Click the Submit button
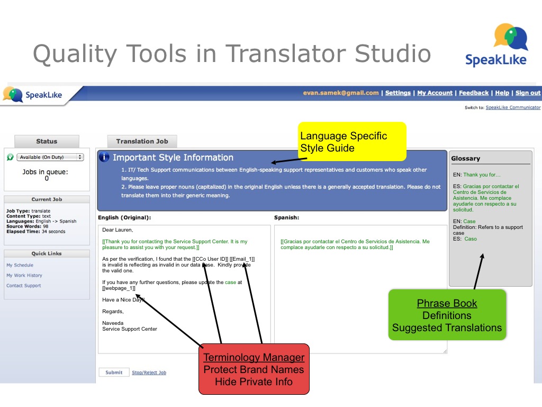click(114, 373)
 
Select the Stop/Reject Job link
click(149, 373)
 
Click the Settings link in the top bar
click(398, 93)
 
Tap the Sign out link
click(528, 93)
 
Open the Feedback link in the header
click(474, 93)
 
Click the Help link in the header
click(502, 93)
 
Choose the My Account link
click(435, 93)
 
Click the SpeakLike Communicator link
click(513, 108)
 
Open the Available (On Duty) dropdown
click(50, 157)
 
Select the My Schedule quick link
click(20, 265)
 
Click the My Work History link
click(24, 276)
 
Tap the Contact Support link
click(23, 286)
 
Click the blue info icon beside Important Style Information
click(104, 157)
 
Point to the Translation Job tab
click(142, 141)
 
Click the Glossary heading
click(466, 158)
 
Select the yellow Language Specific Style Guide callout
click(352, 141)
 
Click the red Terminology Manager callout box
click(254, 369)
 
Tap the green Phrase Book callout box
click(447, 315)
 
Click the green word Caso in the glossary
click(471, 239)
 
